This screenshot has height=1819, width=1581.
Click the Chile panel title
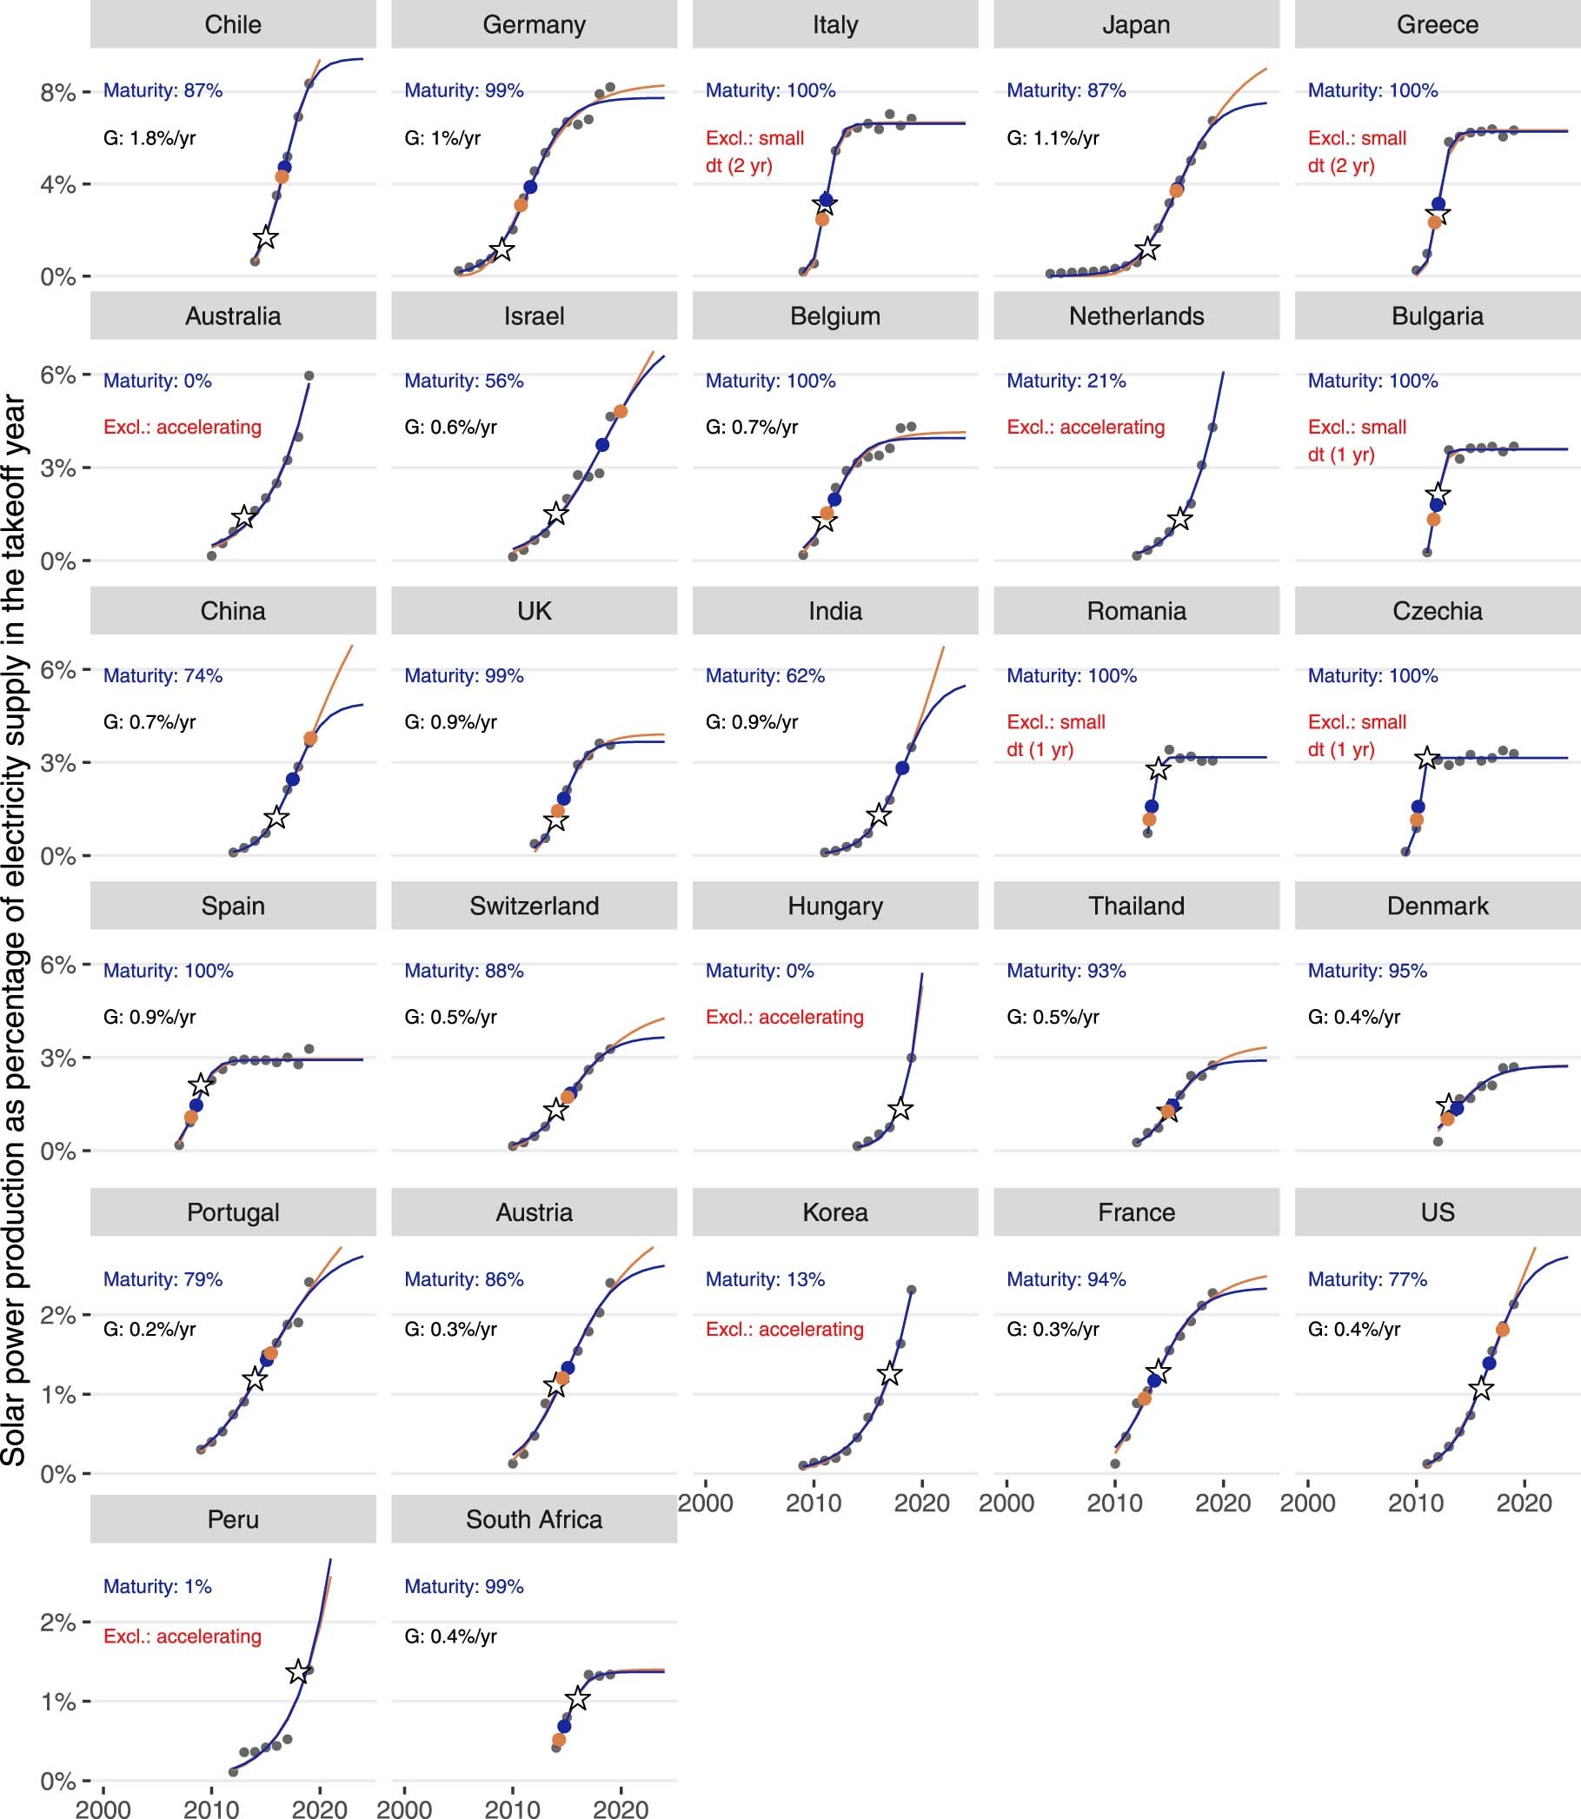(x=233, y=24)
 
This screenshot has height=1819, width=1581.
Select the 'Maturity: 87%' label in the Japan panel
(x=1066, y=90)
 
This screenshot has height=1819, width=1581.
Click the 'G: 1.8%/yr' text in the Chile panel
(x=149, y=137)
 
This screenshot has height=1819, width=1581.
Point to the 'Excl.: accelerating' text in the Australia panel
(x=182, y=427)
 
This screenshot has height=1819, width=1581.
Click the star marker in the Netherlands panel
(x=1179, y=520)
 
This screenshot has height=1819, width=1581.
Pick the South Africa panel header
(x=534, y=1519)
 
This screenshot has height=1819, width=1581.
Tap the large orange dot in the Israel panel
(x=621, y=411)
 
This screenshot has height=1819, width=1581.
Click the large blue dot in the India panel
(x=901, y=768)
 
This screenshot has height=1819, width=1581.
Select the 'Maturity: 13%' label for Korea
(x=765, y=1279)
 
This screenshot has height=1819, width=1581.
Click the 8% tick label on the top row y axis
(x=58, y=92)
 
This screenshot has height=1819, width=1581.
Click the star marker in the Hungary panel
(x=900, y=1109)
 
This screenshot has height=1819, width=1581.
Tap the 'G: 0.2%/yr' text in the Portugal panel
(x=149, y=1329)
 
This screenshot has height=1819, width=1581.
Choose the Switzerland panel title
(x=534, y=906)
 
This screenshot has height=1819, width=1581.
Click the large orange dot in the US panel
(x=1503, y=1330)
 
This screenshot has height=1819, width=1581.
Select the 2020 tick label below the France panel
(x=1223, y=1504)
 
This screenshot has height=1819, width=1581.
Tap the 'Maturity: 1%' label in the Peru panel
(x=157, y=1586)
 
